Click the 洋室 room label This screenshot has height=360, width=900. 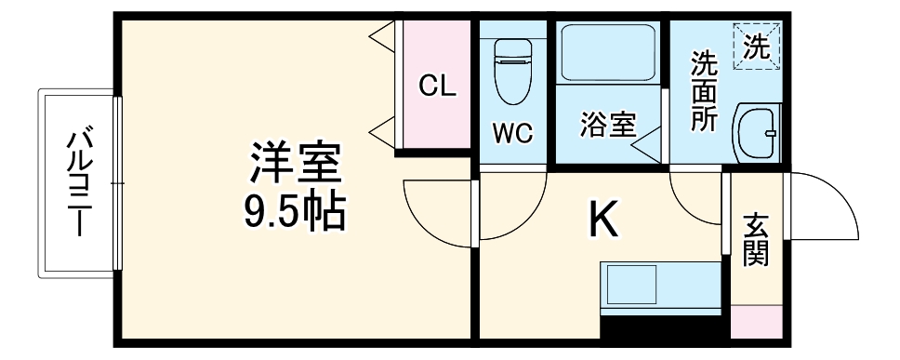296,166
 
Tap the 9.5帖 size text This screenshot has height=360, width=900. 296,214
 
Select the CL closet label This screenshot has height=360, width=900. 436,87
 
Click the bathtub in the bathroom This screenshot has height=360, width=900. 609,57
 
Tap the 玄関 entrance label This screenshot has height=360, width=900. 756,240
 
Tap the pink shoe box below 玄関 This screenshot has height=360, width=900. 756,322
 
